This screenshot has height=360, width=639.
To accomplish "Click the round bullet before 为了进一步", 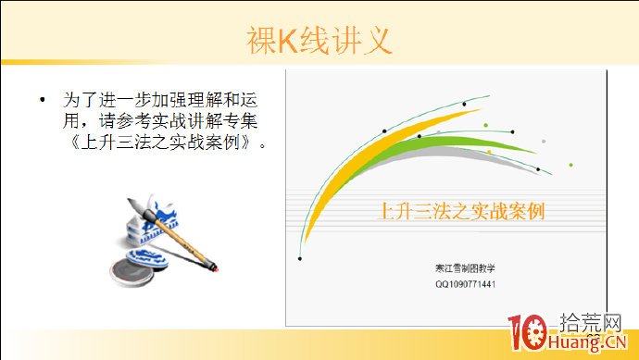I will click(42, 99).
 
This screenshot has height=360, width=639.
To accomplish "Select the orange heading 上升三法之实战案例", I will click(461, 210).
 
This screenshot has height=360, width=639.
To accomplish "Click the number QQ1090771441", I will click(465, 284).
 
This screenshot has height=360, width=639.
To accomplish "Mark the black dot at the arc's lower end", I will click(299, 258).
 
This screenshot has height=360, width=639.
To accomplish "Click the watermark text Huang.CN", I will click(587, 346).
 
